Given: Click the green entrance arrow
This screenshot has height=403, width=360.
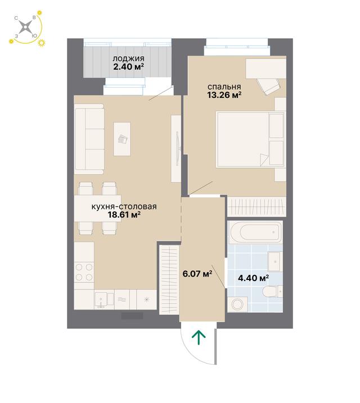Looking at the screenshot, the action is click(199, 338).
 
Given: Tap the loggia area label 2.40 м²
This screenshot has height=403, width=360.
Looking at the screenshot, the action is click(128, 67).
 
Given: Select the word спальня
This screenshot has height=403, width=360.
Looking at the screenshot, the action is click(224, 87).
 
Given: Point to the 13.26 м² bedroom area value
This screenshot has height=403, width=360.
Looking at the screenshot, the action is click(224, 95).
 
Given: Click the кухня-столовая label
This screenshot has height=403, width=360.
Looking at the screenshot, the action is click(124, 207).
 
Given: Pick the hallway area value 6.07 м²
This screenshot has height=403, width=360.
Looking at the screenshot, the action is click(197, 274).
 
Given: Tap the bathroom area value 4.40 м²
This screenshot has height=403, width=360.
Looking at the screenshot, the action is click(253, 278).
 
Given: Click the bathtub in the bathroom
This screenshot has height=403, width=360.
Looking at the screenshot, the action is click(255, 232).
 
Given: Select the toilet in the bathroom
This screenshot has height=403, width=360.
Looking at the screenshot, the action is click(273, 292).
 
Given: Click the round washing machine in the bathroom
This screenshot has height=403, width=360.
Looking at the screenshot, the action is click(237, 305).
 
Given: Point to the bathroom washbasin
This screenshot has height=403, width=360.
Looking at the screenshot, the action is click(275, 261).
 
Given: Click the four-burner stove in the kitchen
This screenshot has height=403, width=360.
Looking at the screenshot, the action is click(84, 273).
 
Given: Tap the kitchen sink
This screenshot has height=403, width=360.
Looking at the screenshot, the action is click(105, 300).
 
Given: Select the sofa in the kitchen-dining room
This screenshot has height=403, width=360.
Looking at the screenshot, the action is click(89, 139).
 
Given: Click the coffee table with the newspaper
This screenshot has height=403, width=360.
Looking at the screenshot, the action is click(122, 139).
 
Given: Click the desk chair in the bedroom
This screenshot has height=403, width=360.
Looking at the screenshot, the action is click(268, 86).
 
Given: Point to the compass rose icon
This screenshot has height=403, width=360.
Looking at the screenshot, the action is click(26, 27).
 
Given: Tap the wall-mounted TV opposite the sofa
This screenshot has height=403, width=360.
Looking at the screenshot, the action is click(177, 148).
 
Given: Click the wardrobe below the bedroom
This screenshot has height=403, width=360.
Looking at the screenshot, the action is click(256, 206).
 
